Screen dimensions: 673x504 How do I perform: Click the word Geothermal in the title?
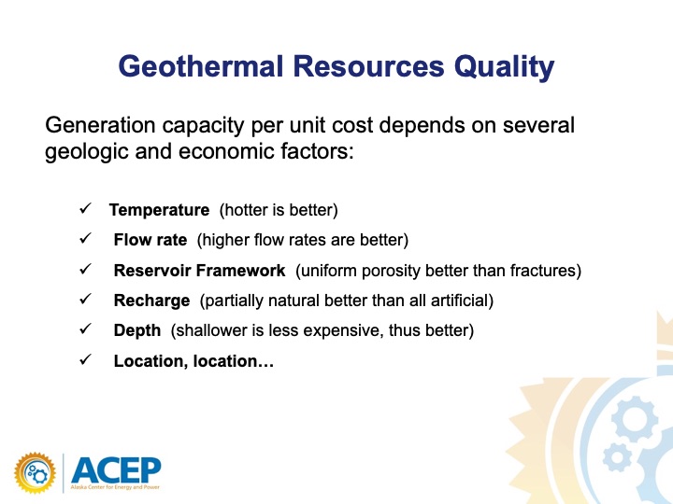pos(201,66)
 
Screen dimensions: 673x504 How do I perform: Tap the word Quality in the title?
pos(505,68)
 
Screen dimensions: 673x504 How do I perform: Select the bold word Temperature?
pos(159,210)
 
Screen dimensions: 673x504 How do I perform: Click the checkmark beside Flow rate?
pos(85,238)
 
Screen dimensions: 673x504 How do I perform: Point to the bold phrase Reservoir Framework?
pos(200,271)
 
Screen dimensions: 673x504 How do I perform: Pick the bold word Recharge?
pos(151,301)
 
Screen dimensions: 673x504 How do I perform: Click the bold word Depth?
pos(137,330)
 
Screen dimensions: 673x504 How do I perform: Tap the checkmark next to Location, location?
pos(85,359)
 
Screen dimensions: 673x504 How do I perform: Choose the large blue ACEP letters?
pos(116,470)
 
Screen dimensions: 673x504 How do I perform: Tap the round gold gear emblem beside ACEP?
pos(35,473)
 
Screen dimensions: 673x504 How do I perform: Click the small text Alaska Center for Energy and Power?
pos(115,487)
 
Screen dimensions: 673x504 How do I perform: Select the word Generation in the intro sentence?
pos(100,125)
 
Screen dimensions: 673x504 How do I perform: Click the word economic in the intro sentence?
pos(226,151)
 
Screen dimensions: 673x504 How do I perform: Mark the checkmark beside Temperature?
pos(85,208)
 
